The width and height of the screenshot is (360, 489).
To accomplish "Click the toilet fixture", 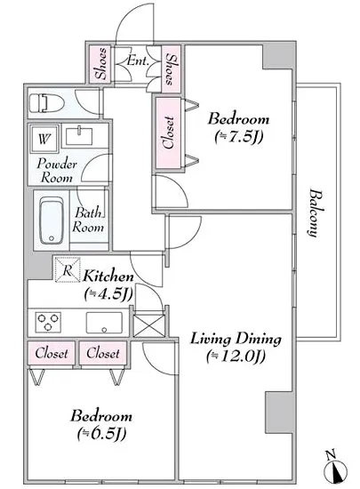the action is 47,103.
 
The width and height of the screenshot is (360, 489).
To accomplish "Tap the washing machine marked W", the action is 44,139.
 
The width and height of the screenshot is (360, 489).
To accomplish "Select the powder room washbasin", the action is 79,136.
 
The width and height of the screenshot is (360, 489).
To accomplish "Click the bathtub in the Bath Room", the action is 52,220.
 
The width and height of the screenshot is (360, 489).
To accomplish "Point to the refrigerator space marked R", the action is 68,269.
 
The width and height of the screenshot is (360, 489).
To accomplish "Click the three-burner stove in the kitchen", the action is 48,322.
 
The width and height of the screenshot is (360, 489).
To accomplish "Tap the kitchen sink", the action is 104,323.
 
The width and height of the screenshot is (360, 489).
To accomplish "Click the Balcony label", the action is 316,212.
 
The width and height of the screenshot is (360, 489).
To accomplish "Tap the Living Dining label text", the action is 236,339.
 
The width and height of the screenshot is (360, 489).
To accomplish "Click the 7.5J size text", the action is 239,136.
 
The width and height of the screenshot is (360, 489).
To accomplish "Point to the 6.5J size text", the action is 101,434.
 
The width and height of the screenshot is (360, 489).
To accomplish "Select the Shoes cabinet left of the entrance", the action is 100,64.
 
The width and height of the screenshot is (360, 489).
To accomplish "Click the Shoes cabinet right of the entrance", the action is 172,69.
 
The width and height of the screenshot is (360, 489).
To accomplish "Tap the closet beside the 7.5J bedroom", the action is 168,133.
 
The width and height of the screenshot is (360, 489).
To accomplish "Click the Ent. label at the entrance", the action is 138,60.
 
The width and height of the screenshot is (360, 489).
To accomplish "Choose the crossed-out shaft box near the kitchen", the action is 149,325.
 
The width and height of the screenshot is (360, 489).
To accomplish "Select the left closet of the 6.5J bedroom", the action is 52,353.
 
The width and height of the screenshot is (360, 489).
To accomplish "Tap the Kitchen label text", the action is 108,277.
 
